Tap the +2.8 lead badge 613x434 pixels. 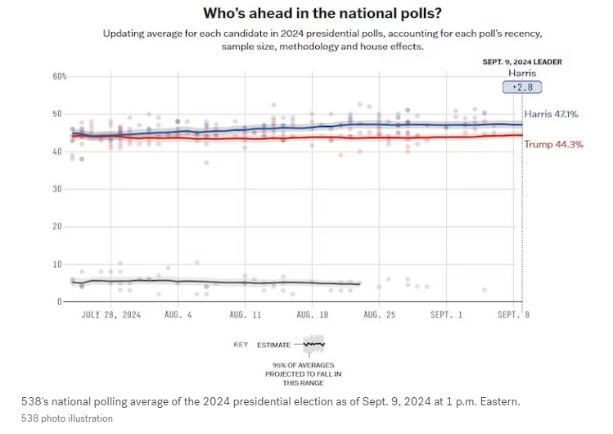[x=521, y=88]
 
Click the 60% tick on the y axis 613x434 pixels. [x=60, y=76]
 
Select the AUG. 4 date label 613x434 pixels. [x=178, y=314]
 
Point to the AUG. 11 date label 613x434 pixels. [x=245, y=314]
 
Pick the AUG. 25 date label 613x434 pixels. [x=380, y=314]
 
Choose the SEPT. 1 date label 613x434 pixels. [x=448, y=314]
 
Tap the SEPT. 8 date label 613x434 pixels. [x=514, y=314]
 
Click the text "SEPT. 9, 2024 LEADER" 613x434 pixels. [x=521, y=62]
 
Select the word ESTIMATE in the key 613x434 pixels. [x=273, y=345]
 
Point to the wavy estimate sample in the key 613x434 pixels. [x=313, y=345]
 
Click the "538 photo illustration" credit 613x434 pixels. [x=67, y=418]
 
